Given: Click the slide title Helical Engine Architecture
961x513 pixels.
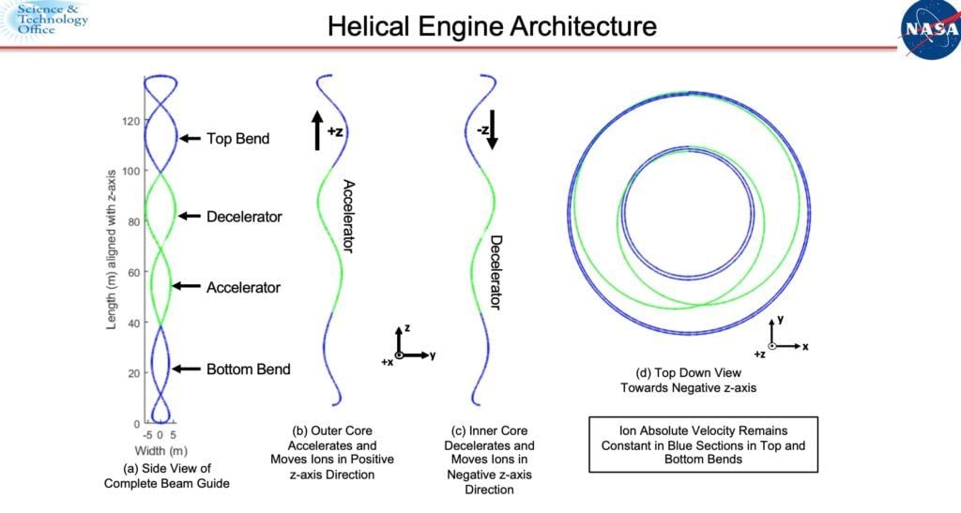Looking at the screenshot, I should pos(492,25).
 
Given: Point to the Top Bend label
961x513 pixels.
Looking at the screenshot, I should pos(237,139).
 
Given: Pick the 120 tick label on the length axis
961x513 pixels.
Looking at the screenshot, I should pos(129,121).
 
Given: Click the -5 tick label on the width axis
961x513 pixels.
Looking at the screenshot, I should pos(146,434).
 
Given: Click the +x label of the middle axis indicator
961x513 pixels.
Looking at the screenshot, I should pos(387,361).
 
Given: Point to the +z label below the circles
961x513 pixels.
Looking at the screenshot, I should pos(759,355).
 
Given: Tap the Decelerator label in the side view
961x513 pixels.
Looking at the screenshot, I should pos(244,217).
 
